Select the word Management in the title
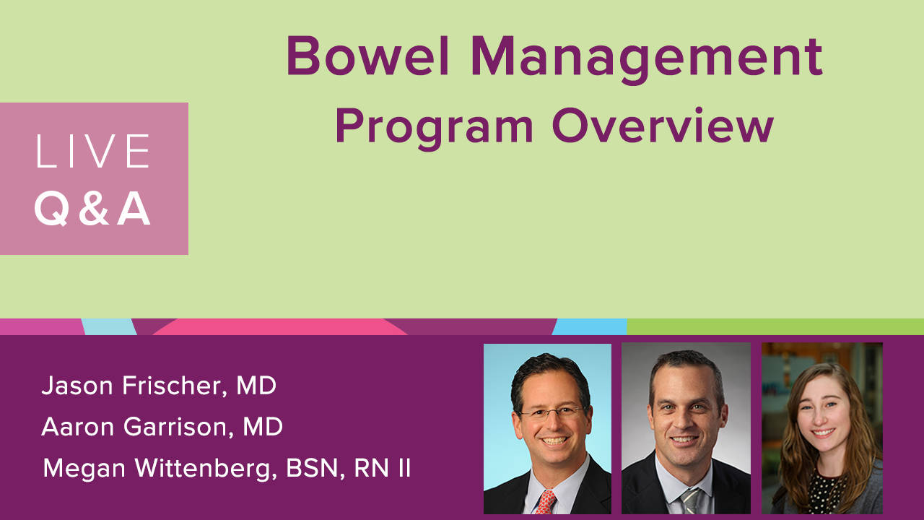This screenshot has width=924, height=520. pyautogui.click(x=648, y=60)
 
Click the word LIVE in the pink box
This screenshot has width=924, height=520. pyautogui.click(x=93, y=151)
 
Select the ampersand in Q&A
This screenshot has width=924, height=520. pyautogui.click(x=94, y=209)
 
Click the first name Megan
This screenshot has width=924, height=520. pyautogui.click(x=84, y=469)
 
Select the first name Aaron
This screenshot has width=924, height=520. pyautogui.click(x=77, y=427)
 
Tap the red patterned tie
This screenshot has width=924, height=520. pyautogui.click(x=545, y=502)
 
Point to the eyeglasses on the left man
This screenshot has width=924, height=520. pyautogui.click(x=552, y=412)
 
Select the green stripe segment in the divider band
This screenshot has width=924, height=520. pyautogui.click(x=775, y=327)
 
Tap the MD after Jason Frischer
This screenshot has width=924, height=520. pyautogui.click(x=256, y=386)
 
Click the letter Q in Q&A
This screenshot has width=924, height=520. pyautogui.click(x=51, y=209)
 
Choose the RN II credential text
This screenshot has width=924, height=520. pyautogui.click(x=383, y=469)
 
